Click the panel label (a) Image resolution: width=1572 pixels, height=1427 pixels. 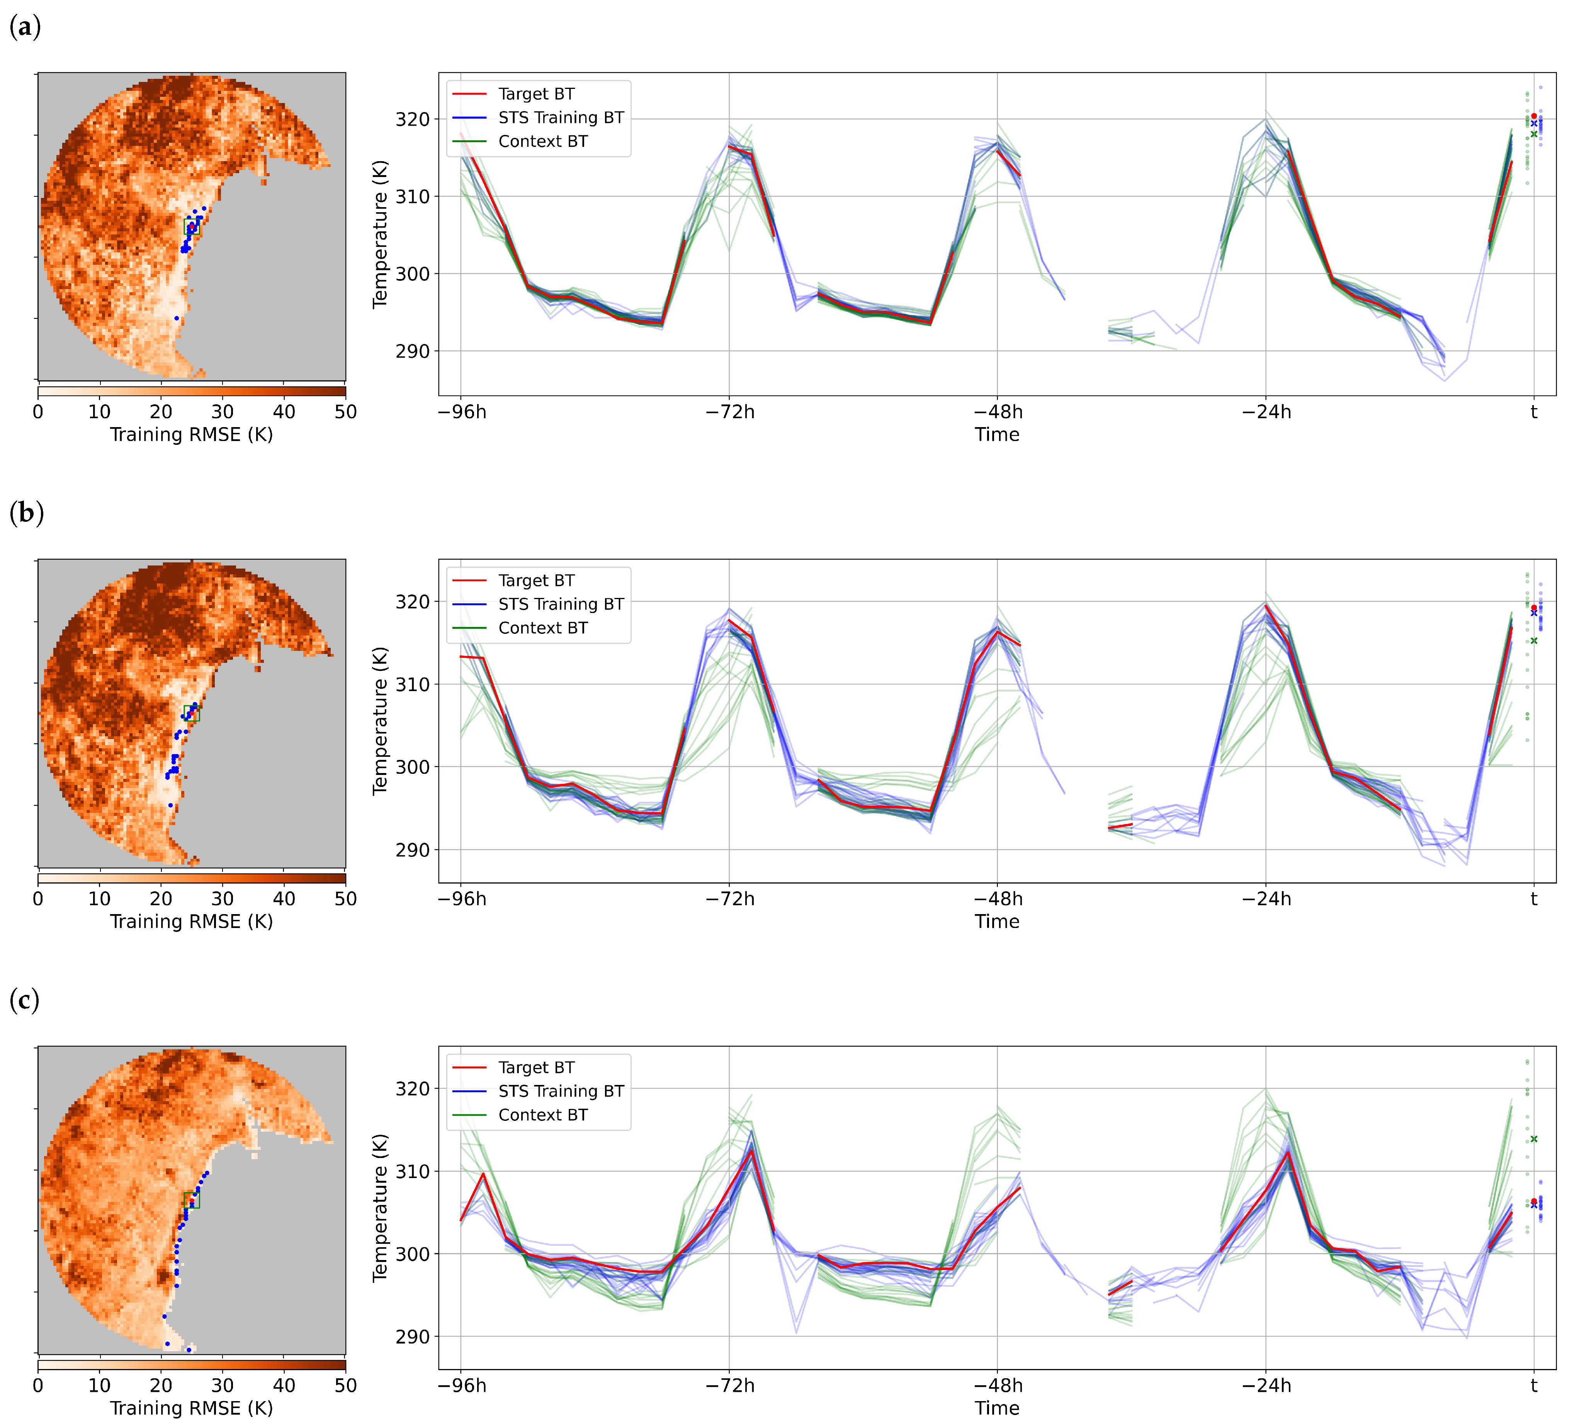[25, 27]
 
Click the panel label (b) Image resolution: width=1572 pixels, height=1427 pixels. [26, 513]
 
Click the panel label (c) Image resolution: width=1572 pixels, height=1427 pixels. [24, 1000]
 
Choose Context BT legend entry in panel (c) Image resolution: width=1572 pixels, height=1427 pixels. [543, 1115]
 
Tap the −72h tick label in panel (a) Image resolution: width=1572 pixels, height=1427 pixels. [730, 412]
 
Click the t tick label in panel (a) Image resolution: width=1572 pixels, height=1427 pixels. [1534, 412]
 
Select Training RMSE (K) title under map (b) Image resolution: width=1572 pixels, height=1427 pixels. [191, 921]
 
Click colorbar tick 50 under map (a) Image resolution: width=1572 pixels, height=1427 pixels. [345, 412]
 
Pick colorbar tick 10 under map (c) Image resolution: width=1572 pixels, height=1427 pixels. [99, 1386]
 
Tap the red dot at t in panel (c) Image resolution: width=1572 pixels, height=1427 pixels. [1534, 1202]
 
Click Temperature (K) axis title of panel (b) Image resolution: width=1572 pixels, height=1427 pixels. [381, 721]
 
